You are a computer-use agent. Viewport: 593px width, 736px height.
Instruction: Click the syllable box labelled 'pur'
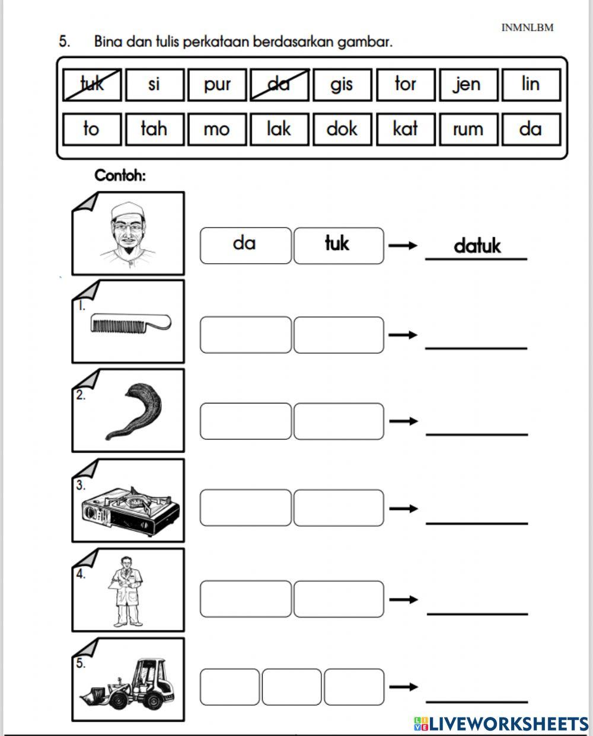coord(217,85)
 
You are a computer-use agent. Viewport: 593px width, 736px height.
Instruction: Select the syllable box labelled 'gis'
coord(342,85)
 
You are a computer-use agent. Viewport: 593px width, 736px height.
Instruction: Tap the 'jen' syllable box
coord(468,85)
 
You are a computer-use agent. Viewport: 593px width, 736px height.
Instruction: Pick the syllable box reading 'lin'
coord(531,85)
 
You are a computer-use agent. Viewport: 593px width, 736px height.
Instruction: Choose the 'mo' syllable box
coord(217,130)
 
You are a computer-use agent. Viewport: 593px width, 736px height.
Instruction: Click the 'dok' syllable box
coord(342,130)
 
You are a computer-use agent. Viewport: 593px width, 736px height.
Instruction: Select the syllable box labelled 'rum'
coord(468,130)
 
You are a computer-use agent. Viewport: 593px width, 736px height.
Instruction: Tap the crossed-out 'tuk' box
coord(92,85)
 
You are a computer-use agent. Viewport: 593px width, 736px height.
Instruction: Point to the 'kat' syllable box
coord(406,130)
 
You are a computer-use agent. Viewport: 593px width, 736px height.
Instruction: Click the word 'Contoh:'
coord(120,176)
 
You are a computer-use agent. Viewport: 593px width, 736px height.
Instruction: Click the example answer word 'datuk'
coord(477,245)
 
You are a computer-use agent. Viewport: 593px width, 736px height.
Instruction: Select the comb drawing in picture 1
coord(130,323)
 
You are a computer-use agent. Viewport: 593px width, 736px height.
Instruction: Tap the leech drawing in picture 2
coord(134,411)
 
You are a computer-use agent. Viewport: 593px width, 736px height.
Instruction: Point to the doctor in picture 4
coord(126,593)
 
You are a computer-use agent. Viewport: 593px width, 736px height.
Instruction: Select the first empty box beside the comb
coord(246,335)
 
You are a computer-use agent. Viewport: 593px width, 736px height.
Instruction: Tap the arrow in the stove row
coord(404,508)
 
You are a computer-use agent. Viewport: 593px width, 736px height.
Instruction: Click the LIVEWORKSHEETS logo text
coord(501,724)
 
